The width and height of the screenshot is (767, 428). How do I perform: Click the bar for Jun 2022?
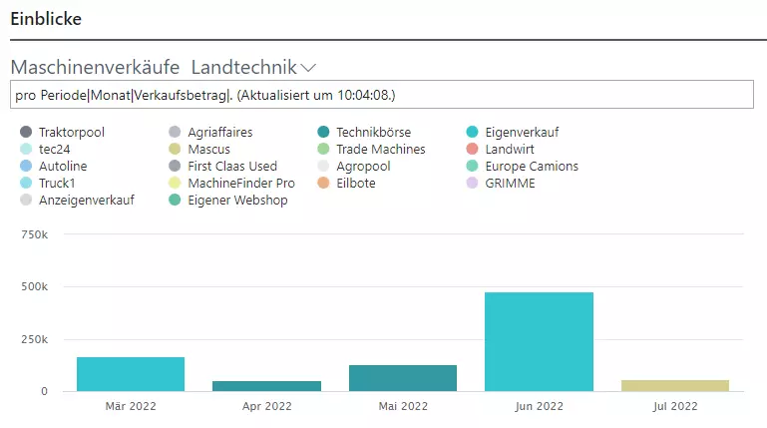point(539,341)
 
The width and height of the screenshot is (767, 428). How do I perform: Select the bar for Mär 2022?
point(131,374)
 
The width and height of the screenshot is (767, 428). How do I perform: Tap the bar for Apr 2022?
point(266,385)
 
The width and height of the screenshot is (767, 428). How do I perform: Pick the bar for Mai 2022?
point(403,378)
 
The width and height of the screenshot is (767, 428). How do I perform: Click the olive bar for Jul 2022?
point(674,385)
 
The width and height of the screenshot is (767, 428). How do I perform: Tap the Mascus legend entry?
point(209,149)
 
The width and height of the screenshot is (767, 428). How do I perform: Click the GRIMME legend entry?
point(511,183)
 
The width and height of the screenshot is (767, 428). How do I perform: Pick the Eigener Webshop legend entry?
point(236,200)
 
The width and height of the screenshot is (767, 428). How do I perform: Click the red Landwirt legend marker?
point(474,149)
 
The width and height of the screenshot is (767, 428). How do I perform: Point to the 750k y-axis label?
point(34,234)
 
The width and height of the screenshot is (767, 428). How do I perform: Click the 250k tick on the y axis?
point(34,339)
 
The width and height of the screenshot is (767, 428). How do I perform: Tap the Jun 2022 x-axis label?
point(539,407)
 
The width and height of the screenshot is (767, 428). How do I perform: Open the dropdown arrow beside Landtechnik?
point(308,68)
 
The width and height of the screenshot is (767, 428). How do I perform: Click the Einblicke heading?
point(46,18)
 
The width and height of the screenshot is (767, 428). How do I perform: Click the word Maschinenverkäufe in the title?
point(95,68)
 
